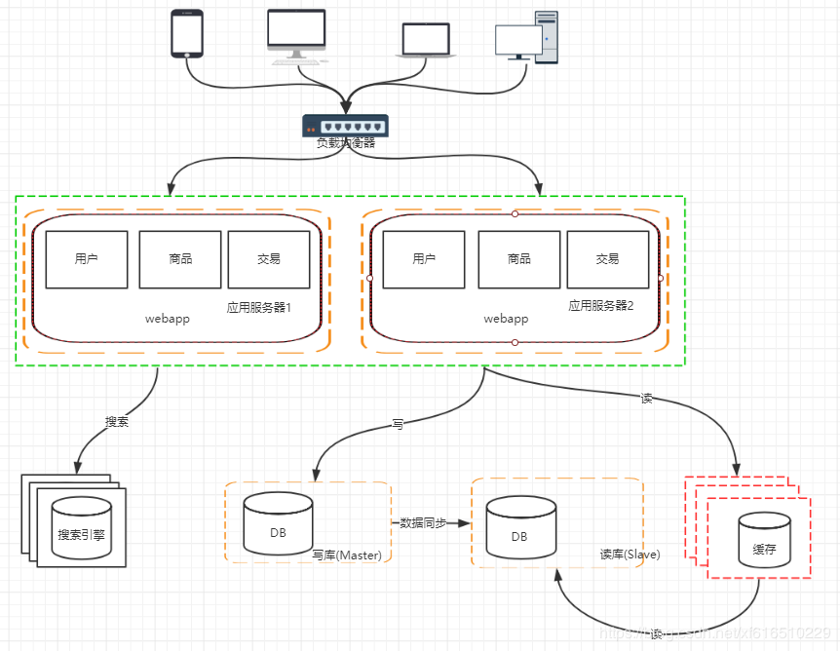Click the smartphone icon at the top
[186, 33]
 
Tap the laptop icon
[426, 41]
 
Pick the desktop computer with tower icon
[527, 37]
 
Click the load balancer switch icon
[345, 125]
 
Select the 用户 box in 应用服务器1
[87, 259]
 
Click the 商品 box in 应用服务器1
[180, 259]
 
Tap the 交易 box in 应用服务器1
[269, 259]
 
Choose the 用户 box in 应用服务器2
[424, 259]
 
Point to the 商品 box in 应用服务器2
[519, 259]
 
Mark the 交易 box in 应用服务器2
[607, 259]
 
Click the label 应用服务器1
[259, 307]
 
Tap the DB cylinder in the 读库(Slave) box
[519, 527]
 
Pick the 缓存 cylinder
[763, 542]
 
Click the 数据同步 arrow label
[423, 523]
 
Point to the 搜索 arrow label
[117, 423]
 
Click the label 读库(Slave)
[630, 555]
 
